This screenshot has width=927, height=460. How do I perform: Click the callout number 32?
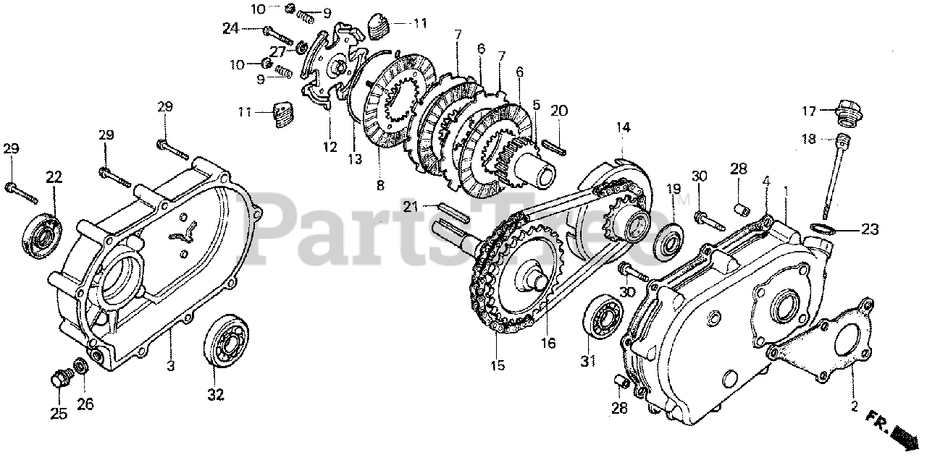point(216,395)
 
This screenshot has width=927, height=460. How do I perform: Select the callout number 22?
point(54,176)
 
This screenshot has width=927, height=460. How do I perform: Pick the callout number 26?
point(85,405)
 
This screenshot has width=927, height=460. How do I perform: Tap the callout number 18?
point(809,138)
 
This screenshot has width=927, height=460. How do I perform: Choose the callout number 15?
point(496,366)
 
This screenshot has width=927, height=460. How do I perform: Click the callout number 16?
point(548,343)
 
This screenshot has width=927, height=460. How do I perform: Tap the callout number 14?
point(624,127)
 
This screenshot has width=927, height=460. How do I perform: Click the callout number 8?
point(380,185)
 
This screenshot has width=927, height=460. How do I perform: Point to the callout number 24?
point(230,29)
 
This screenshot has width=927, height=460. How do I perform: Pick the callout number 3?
point(170,366)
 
